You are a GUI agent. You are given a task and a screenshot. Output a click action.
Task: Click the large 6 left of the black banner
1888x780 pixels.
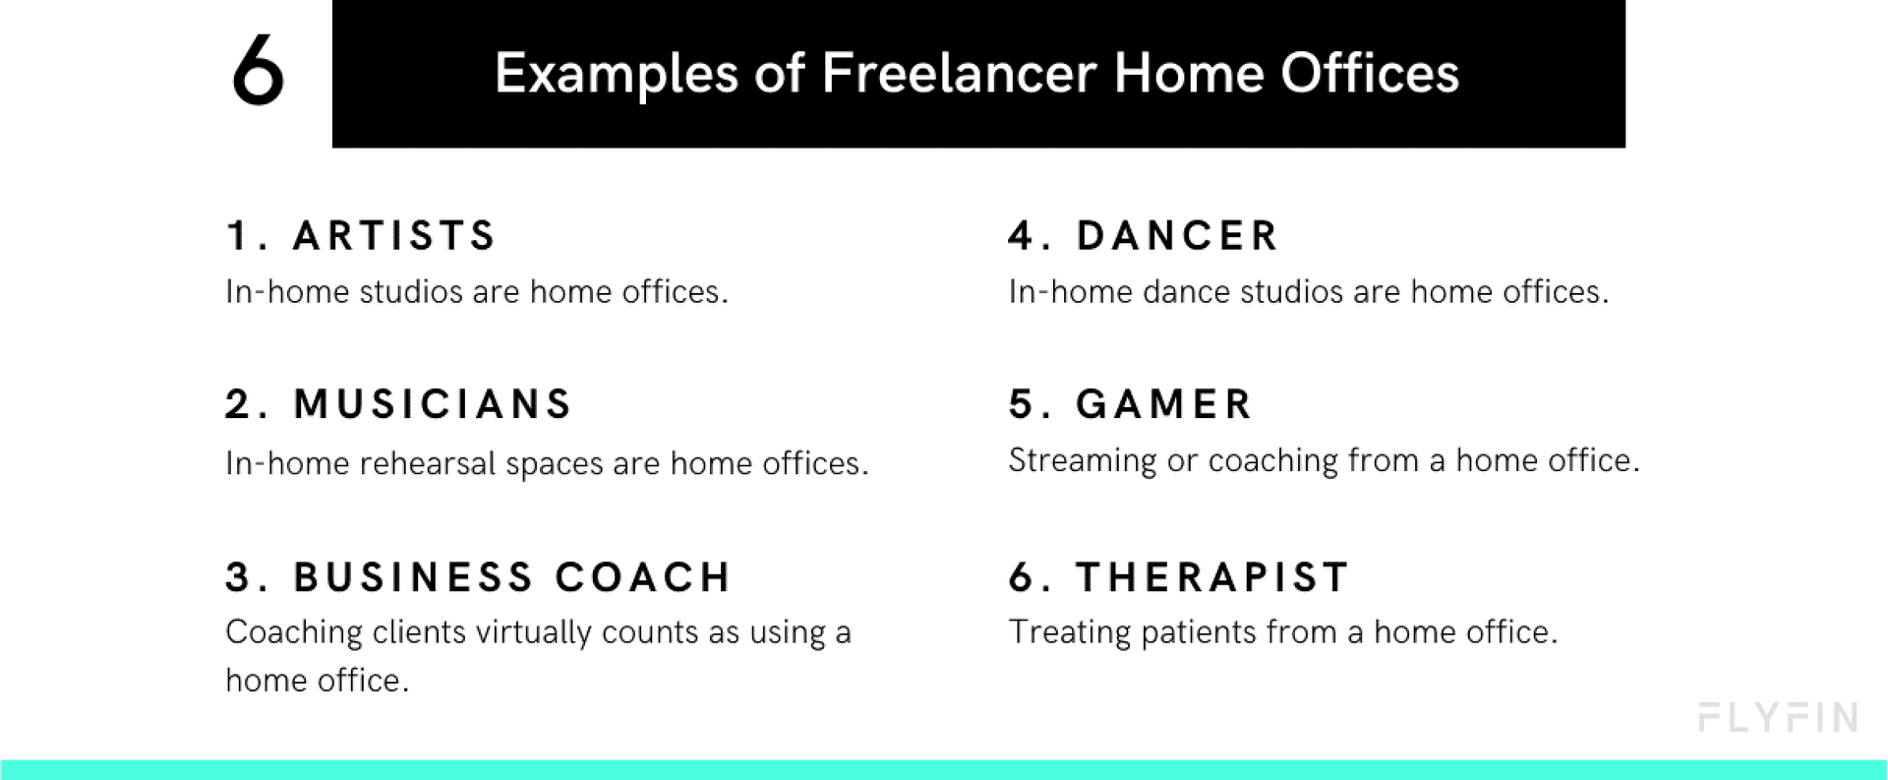(x=258, y=71)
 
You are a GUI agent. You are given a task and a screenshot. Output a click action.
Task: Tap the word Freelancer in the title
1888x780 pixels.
(x=958, y=74)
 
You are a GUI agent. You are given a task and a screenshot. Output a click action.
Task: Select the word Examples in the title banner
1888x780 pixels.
(x=616, y=74)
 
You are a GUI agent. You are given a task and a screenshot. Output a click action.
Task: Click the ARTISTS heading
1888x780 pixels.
(x=394, y=236)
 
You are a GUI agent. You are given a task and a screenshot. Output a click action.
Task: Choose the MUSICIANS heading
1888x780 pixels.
(x=433, y=404)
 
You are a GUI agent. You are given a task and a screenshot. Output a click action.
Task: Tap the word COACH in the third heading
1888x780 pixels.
(x=643, y=577)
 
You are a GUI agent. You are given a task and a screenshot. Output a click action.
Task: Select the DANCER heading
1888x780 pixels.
(x=1177, y=236)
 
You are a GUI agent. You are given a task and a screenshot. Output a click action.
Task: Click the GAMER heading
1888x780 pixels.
(x=1164, y=404)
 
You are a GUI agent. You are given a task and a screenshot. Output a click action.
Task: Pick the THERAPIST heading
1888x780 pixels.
(x=1212, y=577)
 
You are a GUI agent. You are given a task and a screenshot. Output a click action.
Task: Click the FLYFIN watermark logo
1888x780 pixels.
(x=1778, y=718)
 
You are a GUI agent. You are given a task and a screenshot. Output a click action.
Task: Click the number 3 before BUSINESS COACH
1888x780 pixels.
(x=239, y=577)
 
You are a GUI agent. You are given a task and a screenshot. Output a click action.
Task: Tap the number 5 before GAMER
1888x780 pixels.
(x=1021, y=404)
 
